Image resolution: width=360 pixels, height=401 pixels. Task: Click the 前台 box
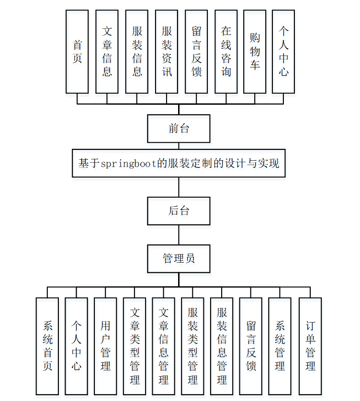179,128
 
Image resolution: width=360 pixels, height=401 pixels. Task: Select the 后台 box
179,211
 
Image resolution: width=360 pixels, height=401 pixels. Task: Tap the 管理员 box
179,259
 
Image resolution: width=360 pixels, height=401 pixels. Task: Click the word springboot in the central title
128,163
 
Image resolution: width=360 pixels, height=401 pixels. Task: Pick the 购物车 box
255,52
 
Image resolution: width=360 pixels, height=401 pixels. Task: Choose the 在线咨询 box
226,52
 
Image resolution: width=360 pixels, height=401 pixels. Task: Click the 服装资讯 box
167,52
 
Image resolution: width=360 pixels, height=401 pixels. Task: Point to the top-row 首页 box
77,52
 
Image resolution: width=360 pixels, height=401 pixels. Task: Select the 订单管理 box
310,346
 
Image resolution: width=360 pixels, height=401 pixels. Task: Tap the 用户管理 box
105,346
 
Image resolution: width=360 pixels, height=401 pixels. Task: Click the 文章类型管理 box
135,346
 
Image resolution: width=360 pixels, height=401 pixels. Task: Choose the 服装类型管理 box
192,346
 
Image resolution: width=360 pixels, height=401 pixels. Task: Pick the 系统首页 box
47,346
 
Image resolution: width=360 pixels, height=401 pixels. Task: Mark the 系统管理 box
280,346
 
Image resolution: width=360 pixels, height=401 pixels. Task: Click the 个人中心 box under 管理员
76,346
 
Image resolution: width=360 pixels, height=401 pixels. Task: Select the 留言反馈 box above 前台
196,52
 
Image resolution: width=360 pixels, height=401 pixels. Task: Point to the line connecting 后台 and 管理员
179,235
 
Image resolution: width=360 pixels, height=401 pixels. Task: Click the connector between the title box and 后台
179,187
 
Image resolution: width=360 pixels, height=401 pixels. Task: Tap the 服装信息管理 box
222,346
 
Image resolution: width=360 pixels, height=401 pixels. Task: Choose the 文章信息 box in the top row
107,52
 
